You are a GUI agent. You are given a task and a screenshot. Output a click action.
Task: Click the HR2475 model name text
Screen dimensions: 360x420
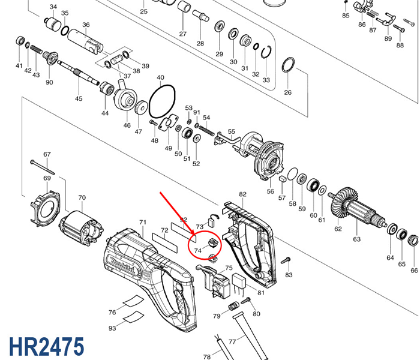coord(46,347)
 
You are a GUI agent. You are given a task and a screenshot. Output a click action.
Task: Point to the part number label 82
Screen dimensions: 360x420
coord(242,194)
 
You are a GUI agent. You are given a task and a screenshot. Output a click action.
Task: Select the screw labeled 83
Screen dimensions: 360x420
coord(287,259)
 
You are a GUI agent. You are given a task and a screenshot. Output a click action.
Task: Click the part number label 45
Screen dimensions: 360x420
coord(79,98)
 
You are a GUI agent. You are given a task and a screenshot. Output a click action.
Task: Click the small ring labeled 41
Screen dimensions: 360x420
coord(20,42)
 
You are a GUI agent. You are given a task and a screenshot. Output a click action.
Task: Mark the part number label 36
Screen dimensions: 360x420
coord(86,25)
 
